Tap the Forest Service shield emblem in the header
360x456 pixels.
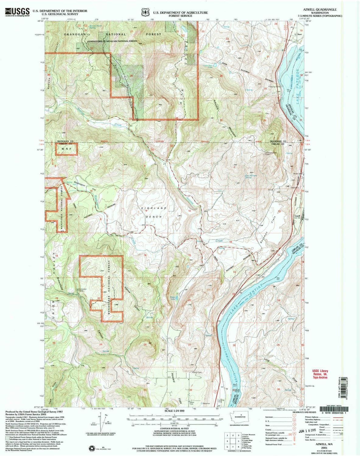pos(145,12)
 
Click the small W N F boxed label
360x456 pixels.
pos(66,149)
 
